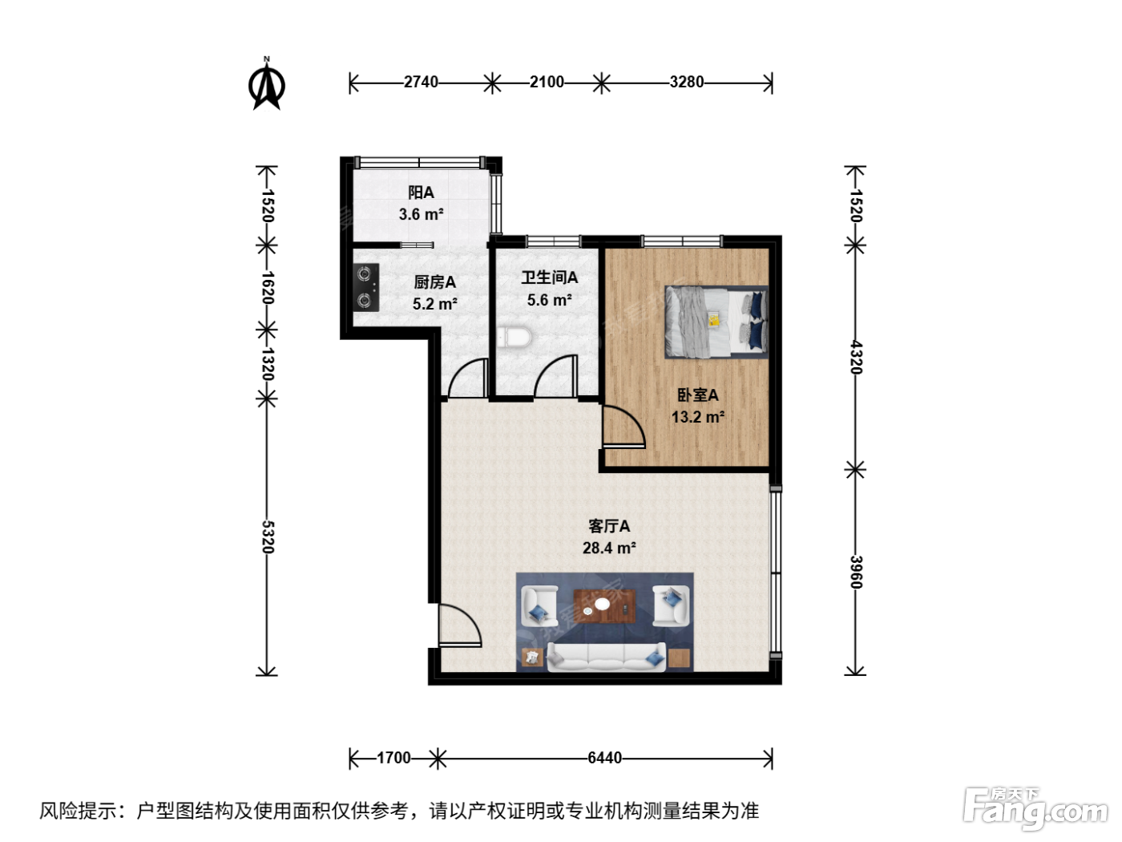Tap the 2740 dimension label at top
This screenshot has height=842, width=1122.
click(x=421, y=82)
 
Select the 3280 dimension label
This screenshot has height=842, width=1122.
click(x=687, y=82)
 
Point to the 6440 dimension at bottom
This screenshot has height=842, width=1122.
click(x=605, y=758)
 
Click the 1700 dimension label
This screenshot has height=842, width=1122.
click(x=394, y=758)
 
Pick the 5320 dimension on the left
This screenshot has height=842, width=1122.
click(x=268, y=536)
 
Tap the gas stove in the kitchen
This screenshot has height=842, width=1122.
click(x=366, y=288)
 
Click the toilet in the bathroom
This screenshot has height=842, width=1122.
click(x=515, y=338)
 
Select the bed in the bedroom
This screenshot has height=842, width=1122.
click(x=716, y=322)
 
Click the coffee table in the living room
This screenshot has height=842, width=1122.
click(x=605, y=606)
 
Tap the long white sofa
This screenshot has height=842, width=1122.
click(x=606, y=657)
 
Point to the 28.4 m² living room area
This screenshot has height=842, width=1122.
click(x=609, y=548)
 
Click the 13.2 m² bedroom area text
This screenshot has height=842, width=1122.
click(x=698, y=417)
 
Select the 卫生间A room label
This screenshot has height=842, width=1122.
click(x=550, y=277)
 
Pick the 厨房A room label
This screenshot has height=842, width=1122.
click(x=434, y=281)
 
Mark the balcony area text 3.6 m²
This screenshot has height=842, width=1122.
click(x=422, y=214)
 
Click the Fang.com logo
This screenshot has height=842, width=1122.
click(x=1035, y=808)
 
